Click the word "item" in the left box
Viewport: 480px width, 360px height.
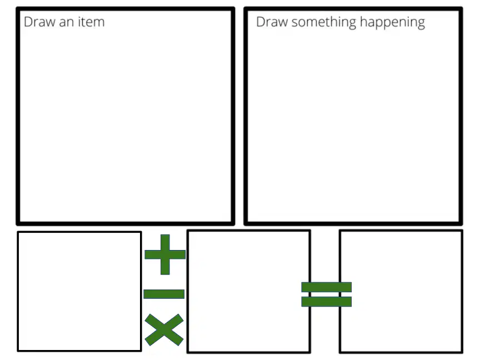point(91,22)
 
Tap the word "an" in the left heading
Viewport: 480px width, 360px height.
point(67,23)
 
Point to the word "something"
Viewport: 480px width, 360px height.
point(323,23)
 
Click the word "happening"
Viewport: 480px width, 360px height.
point(392,23)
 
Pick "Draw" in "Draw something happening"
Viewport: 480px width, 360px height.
point(272,22)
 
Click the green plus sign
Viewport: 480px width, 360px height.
point(165,254)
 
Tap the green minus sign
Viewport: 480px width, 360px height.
point(164,294)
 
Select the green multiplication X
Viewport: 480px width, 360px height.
point(164,329)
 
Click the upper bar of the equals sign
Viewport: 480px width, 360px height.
point(326,287)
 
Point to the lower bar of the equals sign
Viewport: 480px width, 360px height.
point(326,302)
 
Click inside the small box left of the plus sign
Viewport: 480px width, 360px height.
point(79,291)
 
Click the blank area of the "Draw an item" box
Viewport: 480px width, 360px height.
point(126,122)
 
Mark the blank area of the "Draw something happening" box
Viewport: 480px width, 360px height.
point(353,122)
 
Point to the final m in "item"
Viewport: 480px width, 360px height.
point(99,23)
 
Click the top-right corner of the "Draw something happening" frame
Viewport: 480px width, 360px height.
point(461,8)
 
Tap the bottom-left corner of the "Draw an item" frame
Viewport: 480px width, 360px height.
point(18,224)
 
